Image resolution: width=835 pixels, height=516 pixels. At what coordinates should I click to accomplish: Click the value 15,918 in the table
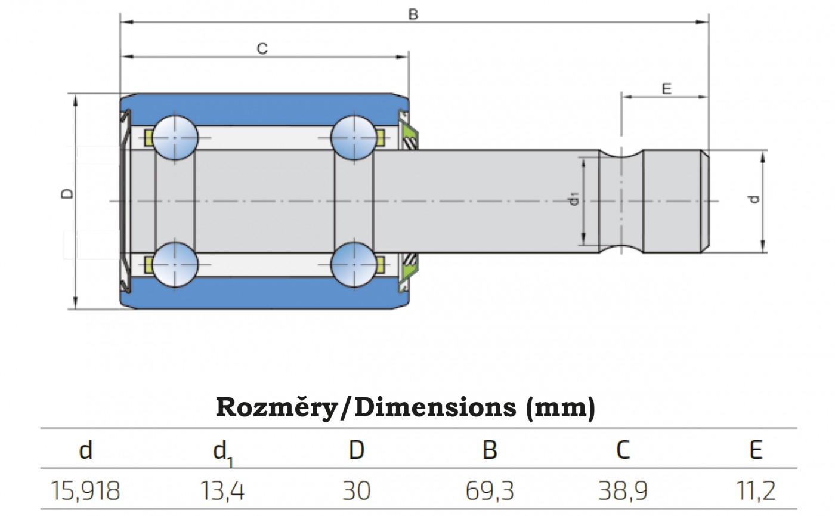pyautogui.click(x=85, y=490)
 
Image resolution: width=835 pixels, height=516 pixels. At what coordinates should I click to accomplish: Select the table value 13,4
pyautogui.click(x=222, y=490)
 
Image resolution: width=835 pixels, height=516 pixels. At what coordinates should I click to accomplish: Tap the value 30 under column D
pyautogui.click(x=357, y=490)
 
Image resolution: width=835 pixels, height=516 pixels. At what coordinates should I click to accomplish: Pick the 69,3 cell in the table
pyautogui.click(x=490, y=490)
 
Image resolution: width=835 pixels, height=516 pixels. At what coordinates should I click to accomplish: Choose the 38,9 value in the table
pyautogui.click(x=623, y=490)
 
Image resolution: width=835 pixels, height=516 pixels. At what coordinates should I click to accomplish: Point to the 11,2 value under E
pyautogui.click(x=756, y=490)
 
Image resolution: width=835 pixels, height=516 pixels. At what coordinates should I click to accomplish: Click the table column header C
pyautogui.click(x=623, y=450)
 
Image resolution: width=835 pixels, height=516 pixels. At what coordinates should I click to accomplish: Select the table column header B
pyautogui.click(x=490, y=450)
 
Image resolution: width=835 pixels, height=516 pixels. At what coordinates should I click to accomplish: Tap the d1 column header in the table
pyautogui.click(x=222, y=453)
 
